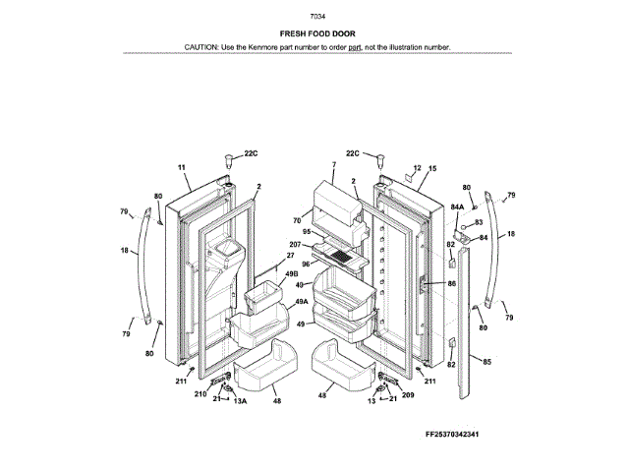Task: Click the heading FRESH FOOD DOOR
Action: click(317, 33)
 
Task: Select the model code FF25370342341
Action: click(458, 435)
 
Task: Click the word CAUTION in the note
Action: click(201, 46)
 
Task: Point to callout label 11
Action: click(182, 168)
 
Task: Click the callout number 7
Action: click(333, 165)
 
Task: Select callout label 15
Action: click(430, 169)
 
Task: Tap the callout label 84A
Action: click(457, 207)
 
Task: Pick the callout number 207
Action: click(295, 244)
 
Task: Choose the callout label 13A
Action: click(239, 401)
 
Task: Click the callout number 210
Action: click(200, 394)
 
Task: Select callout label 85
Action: click(486, 361)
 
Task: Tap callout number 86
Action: click(451, 283)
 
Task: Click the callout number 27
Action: click(290, 256)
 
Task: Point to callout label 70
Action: click(296, 220)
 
